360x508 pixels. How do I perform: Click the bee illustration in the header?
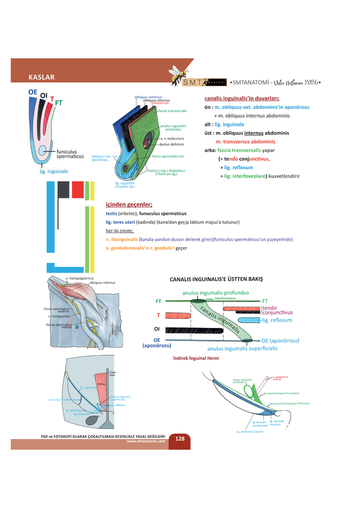(x=178, y=74)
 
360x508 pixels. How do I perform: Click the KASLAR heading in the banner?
(x=41, y=77)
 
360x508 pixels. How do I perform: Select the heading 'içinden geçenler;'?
(x=129, y=204)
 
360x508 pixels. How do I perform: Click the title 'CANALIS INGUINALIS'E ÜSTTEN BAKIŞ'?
(x=216, y=279)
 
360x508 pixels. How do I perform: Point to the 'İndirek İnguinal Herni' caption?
(x=196, y=358)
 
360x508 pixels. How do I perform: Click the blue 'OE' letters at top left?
(x=33, y=92)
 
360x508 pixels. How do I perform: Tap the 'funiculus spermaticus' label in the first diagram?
(x=70, y=154)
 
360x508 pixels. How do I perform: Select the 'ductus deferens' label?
(x=171, y=144)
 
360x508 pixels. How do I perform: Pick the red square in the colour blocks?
(x=77, y=190)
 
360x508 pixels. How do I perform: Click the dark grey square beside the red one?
(x=63, y=190)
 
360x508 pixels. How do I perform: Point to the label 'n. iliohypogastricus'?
(x=79, y=278)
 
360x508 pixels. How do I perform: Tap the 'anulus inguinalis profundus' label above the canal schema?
(x=216, y=293)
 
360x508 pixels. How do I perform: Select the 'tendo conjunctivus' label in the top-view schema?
(x=277, y=310)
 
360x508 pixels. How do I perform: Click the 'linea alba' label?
(x=112, y=374)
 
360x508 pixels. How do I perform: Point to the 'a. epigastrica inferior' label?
(x=281, y=378)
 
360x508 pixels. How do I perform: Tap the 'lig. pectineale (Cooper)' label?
(x=250, y=432)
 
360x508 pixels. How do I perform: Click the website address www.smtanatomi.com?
(x=146, y=441)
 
